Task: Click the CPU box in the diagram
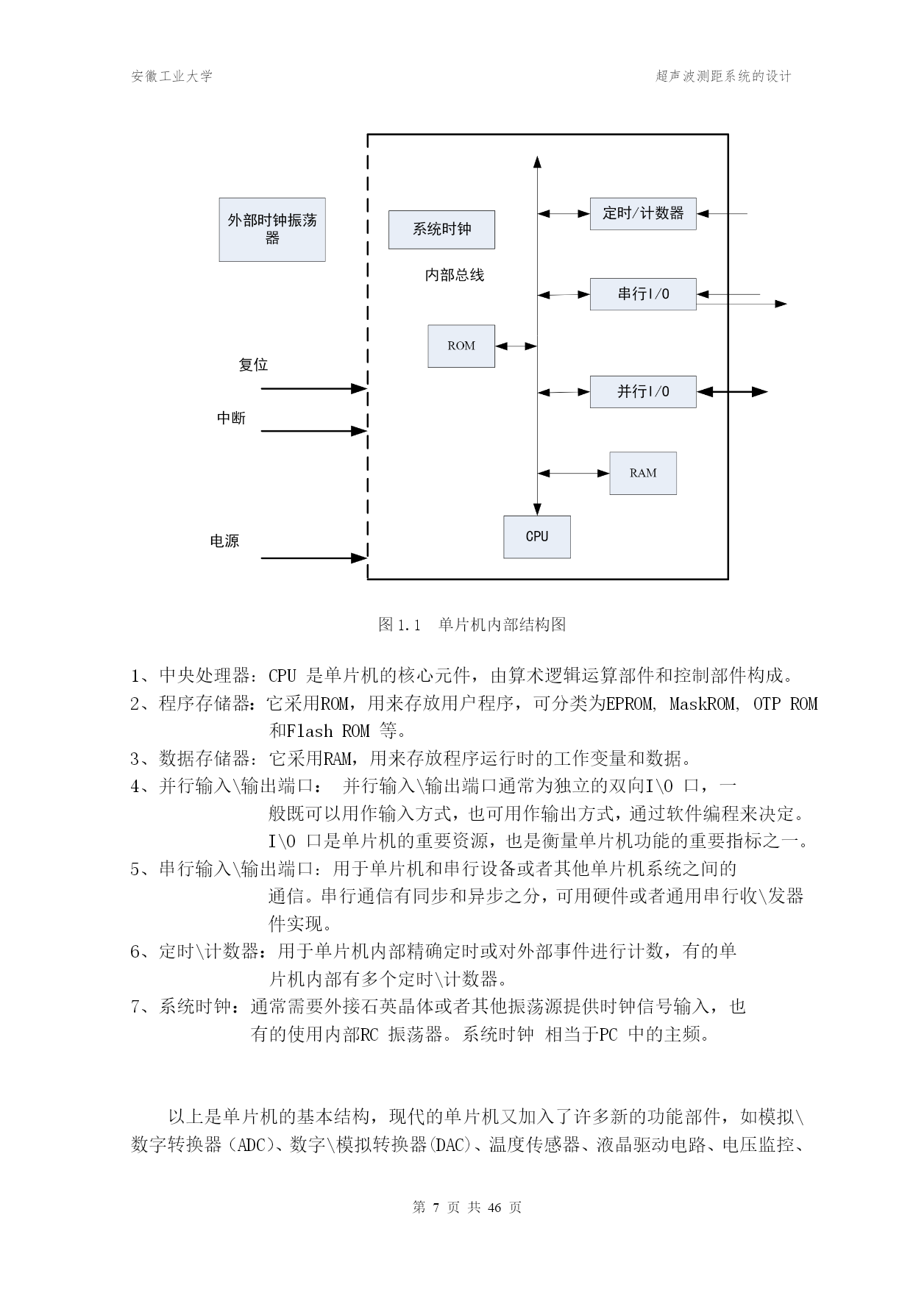(x=537, y=537)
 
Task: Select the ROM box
(x=461, y=346)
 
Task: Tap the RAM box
(x=643, y=473)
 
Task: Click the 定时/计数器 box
(x=643, y=213)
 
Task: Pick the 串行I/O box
(x=643, y=294)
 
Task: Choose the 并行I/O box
(x=643, y=391)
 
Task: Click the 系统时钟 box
(x=441, y=229)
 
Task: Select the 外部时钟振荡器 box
(x=272, y=229)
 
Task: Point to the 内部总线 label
(x=455, y=275)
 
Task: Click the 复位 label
(x=253, y=365)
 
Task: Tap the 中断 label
(x=232, y=418)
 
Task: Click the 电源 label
(x=224, y=541)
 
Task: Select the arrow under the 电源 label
(x=314, y=558)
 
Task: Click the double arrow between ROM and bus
(x=516, y=346)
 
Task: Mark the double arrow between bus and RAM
(x=574, y=474)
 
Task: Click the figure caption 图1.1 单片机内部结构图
(x=472, y=625)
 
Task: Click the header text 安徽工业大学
(x=172, y=76)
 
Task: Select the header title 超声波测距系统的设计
(x=724, y=76)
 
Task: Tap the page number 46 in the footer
(x=494, y=1208)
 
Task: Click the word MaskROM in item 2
(x=703, y=704)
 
